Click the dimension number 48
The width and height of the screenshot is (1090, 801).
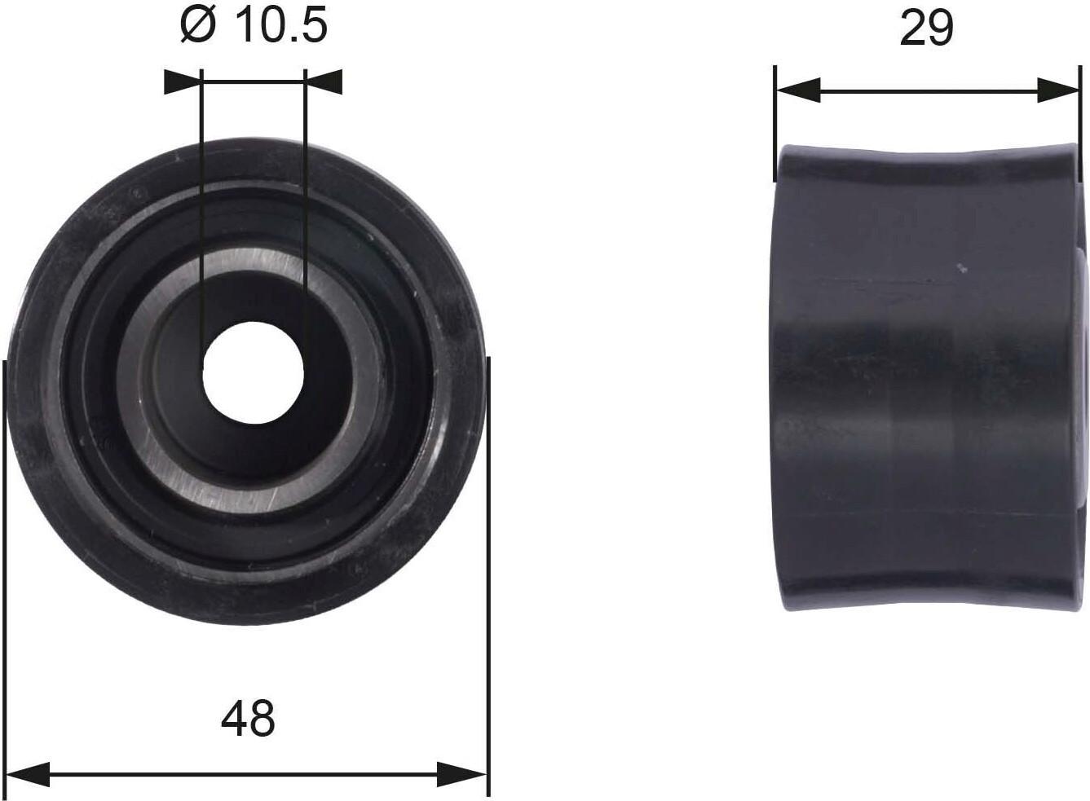click(248, 719)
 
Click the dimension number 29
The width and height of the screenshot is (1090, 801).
click(926, 29)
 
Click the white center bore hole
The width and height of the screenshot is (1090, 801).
click(254, 372)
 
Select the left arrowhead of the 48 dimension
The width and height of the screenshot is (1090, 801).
click(27, 775)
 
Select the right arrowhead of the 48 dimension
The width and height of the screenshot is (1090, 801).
click(461, 775)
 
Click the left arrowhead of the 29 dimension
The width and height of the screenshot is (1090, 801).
click(798, 90)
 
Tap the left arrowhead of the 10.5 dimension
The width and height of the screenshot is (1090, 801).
click(183, 81)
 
